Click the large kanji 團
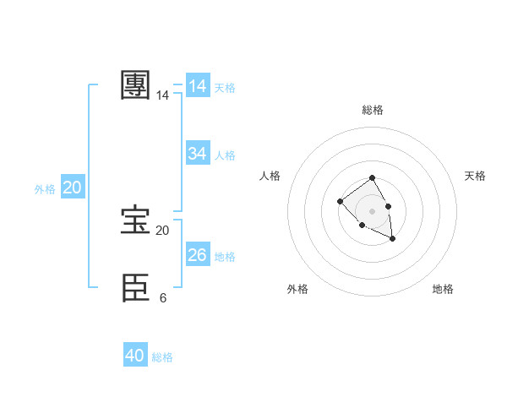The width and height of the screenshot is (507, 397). click(x=136, y=86)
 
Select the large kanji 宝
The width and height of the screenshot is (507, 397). click(x=136, y=221)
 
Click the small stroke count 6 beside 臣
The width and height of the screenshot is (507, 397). click(x=162, y=297)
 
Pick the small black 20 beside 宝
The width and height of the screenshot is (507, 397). click(x=162, y=230)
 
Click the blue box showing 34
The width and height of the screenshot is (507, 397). click(x=198, y=154)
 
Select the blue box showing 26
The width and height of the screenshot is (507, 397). click(x=198, y=255)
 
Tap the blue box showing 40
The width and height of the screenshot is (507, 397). click(x=135, y=356)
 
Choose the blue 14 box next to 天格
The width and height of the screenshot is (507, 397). click(x=198, y=86)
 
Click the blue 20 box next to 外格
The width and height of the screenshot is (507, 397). click(x=72, y=188)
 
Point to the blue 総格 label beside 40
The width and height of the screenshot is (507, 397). click(x=162, y=357)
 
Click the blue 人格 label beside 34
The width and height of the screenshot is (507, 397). click(x=225, y=155)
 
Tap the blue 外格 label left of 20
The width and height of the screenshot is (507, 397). click(x=45, y=189)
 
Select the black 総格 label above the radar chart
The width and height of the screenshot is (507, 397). click(x=372, y=110)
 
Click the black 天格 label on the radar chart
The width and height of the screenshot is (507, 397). click(x=475, y=176)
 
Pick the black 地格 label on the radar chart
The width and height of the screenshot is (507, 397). click(x=443, y=289)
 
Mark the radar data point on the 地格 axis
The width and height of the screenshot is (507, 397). click(x=393, y=239)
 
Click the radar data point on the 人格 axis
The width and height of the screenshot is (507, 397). click(x=340, y=201)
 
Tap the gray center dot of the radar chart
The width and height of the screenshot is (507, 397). click(x=372, y=210)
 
